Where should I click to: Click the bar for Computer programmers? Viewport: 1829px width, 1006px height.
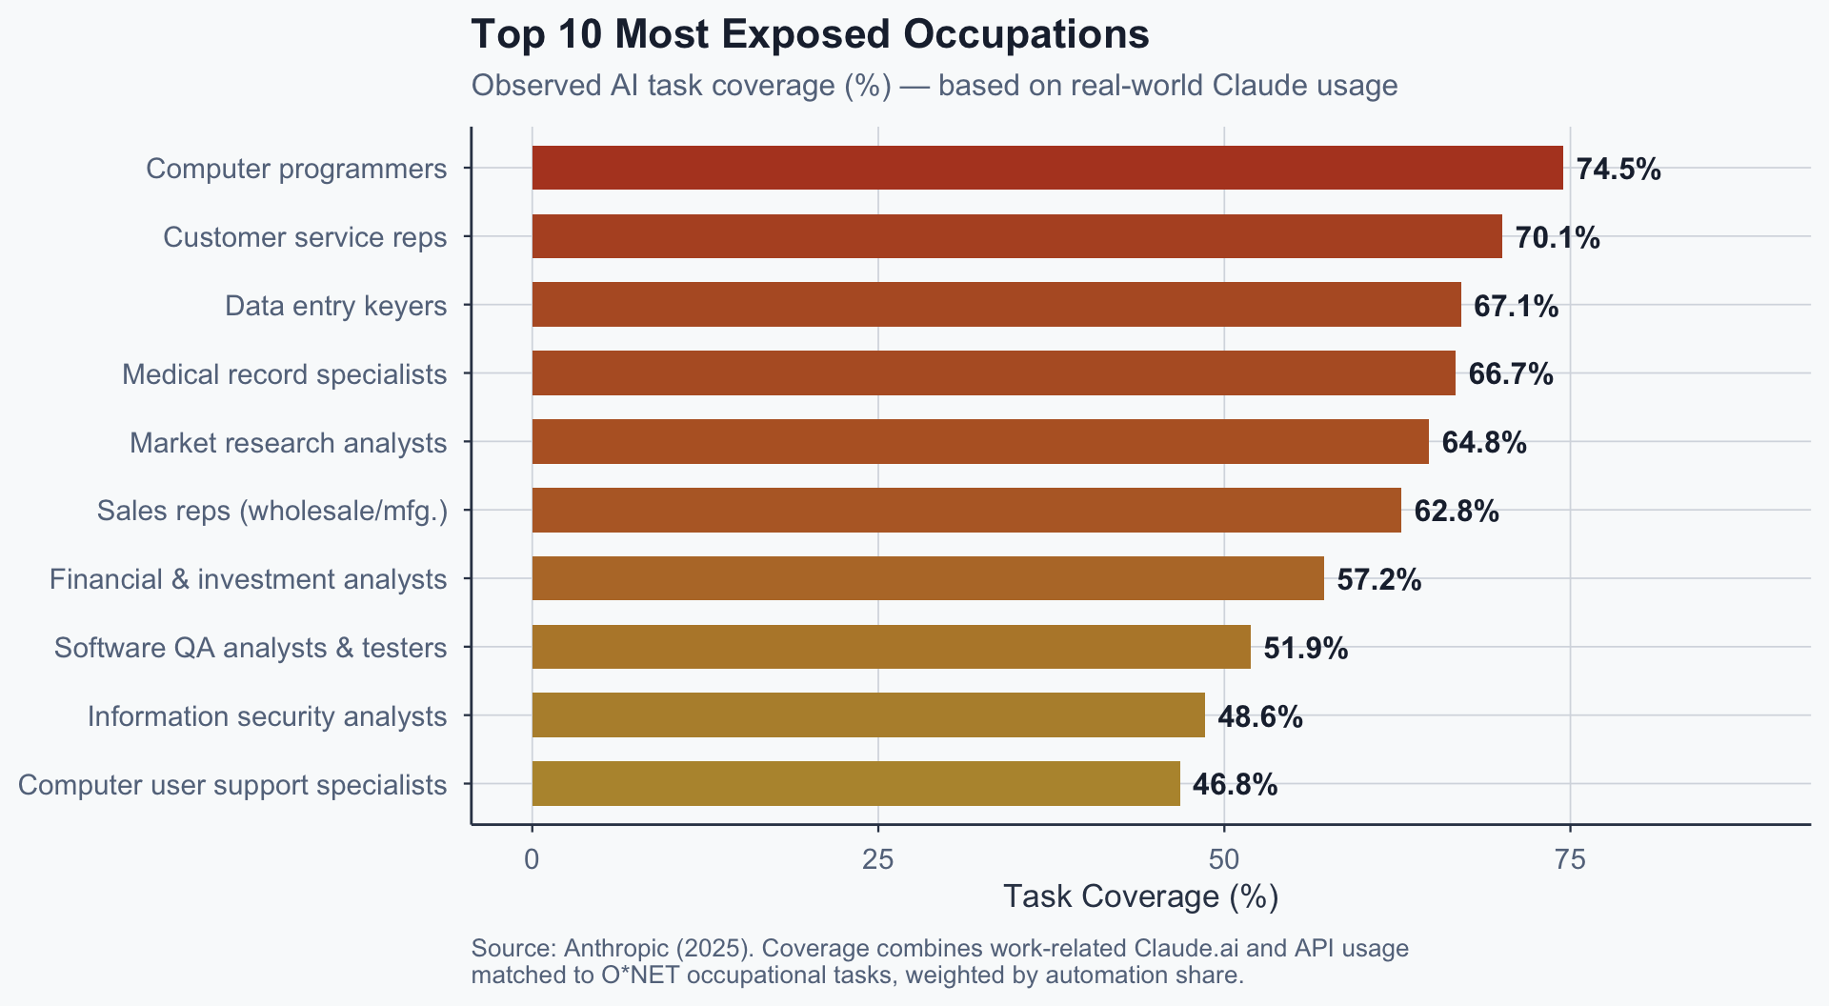coord(1047,168)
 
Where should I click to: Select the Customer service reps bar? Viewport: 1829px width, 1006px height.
coord(1016,236)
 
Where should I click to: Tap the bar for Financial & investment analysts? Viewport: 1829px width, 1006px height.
coord(928,578)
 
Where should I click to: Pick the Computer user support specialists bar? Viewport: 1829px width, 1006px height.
coord(855,783)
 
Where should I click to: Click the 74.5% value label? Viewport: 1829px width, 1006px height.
coord(1618,170)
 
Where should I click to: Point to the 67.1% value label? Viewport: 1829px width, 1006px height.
coord(1516,307)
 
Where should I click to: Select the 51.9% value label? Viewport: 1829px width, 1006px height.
coord(1305,649)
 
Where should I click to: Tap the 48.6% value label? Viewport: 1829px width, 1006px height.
coord(1259,717)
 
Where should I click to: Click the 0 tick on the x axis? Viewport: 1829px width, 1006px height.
coord(532,860)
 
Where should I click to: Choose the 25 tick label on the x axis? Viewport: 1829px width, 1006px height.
coord(877,860)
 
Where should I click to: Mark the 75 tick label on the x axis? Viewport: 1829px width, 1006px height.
coord(1570,860)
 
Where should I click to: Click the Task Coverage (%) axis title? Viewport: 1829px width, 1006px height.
coord(1140,896)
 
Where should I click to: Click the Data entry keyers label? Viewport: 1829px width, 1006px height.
coord(335,306)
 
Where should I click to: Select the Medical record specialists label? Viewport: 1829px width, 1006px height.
coord(284,374)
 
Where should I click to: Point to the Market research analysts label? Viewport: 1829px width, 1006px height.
coord(288,443)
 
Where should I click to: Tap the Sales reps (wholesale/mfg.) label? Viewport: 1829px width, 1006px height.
coord(271,512)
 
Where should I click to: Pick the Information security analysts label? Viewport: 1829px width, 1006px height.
coord(267,716)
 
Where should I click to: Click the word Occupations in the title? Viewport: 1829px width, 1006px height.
coord(1026,34)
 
